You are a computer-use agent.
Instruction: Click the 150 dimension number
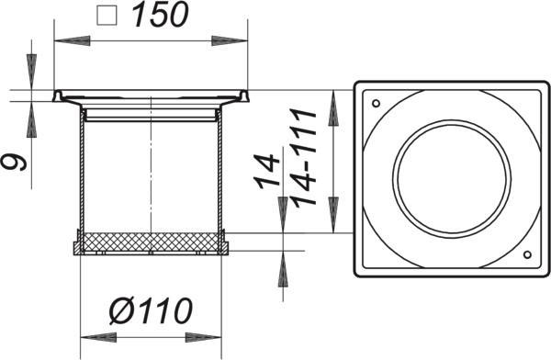[160, 16]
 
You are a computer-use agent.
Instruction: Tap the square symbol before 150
[107, 16]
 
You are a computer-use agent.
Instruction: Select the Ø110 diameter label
[151, 310]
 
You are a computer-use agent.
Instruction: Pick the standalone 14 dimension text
[267, 171]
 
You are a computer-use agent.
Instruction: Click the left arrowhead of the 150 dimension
[72, 40]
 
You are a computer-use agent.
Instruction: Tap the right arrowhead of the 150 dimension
[230, 40]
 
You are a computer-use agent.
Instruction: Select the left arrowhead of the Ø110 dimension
[99, 338]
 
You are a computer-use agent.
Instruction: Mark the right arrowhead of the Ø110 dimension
[204, 338]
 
